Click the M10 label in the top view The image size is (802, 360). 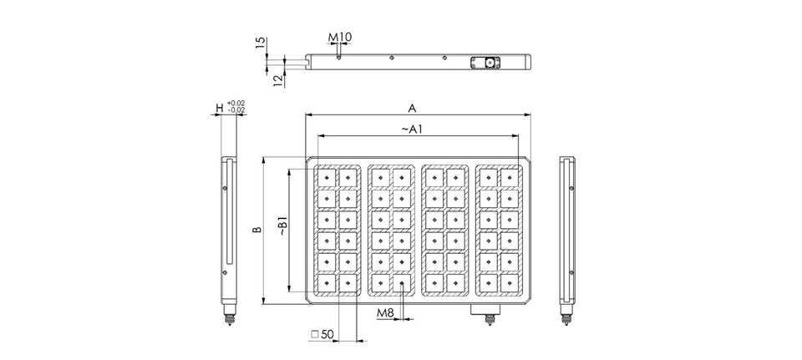340,38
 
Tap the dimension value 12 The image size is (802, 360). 278,80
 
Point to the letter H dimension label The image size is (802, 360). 220,108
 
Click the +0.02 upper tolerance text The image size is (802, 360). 236,104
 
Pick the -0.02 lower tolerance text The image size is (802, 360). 236,110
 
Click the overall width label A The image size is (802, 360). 412,109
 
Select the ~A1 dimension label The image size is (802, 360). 412,129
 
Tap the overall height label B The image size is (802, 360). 258,230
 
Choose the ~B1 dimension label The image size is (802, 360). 283,226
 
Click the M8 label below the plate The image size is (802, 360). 386,312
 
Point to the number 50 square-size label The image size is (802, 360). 327,334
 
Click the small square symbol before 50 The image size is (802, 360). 315,334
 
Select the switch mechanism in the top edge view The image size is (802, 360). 485,63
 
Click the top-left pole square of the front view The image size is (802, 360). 327,178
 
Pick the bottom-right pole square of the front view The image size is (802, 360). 510,283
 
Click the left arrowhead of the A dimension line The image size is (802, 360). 308,114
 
